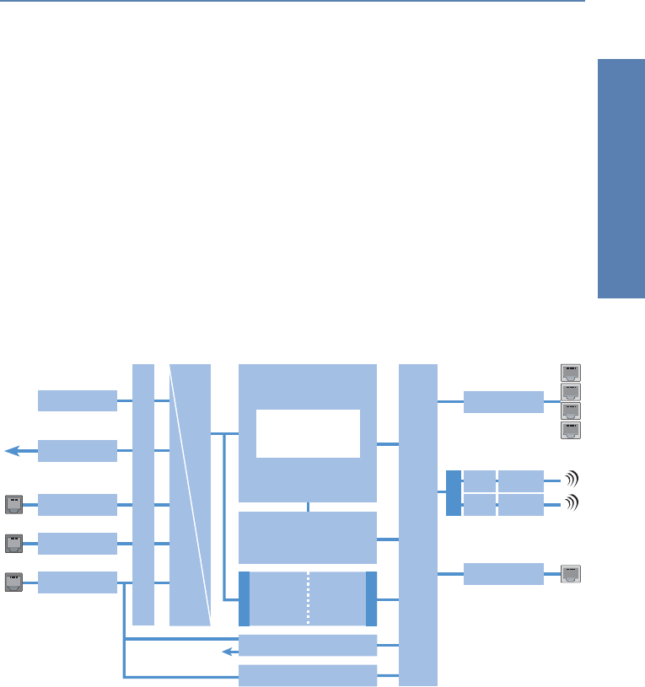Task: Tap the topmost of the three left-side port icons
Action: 14,504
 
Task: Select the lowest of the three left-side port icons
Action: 14,581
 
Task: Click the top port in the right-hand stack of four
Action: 571,373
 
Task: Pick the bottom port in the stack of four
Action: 571,431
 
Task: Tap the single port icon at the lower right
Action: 571,574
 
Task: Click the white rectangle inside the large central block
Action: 308,433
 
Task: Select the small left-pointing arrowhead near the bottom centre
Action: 226,651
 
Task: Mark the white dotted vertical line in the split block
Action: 309,598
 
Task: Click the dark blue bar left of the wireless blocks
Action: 454,493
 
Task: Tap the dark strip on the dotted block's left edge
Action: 245,598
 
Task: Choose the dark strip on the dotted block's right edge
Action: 371,598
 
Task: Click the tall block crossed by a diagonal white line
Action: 190,495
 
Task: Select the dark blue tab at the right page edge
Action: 621,178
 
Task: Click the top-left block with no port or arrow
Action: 78,400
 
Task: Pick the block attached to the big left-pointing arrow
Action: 78,451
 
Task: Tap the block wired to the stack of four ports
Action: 503,402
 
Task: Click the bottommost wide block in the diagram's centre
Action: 308,675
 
